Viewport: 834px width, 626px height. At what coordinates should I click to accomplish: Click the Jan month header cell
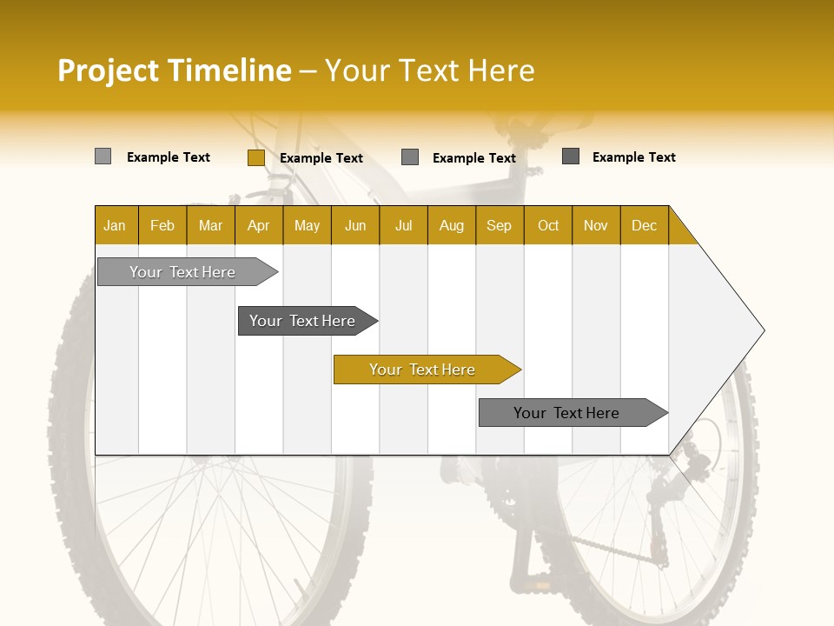click(x=116, y=225)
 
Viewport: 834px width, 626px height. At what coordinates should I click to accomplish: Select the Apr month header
click(x=259, y=225)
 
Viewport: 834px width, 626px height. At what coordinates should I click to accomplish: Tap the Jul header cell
click(x=403, y=225)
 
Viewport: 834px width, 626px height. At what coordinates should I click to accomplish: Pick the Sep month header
click(x=500, y=225)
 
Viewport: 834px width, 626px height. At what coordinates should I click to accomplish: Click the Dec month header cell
click(x=644, y=225)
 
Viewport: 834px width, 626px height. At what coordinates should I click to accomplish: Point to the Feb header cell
click(x=162, y=225)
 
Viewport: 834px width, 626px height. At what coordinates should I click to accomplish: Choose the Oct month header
click(x=547, y=225)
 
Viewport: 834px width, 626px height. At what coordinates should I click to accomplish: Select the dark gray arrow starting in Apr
click(x=302, y=321)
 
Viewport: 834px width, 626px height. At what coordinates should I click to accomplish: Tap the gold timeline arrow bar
click(x=422, y=370)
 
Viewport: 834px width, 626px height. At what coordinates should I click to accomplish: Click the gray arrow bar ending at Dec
click(x=566, y=413)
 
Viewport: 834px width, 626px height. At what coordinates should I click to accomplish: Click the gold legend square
click(x=255, y=157)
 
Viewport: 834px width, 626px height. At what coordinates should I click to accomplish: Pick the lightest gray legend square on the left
click(x=103, y=156)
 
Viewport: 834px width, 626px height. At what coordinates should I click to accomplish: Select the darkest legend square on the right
click(x=571, y=156)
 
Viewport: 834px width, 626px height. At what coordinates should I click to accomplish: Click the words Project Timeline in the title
click(x=174, y=70)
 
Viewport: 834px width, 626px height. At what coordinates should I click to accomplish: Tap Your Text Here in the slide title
click(x=429, y=70)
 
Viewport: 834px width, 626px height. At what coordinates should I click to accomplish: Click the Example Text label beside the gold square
click(x=321, y=158)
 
